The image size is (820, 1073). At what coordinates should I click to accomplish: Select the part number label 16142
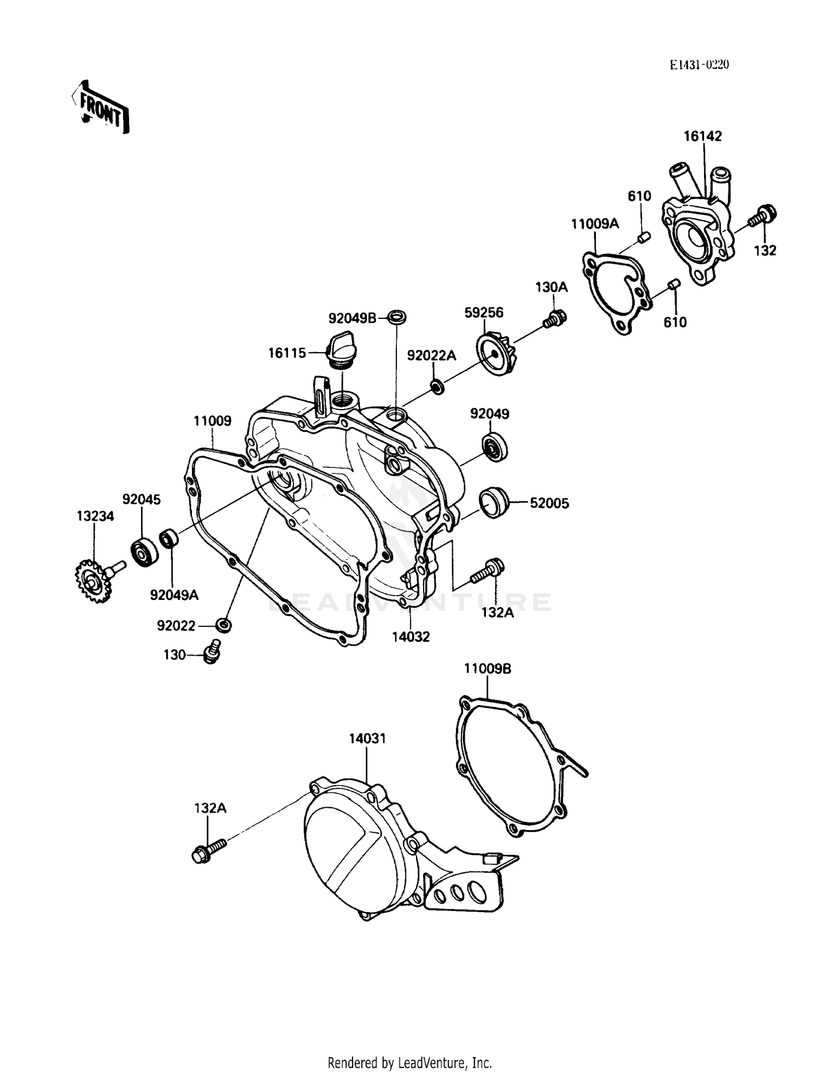pyautogui.click(x=702, y=136)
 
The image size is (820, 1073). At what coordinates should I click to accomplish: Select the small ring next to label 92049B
pyautogui.click(x=397, y=316)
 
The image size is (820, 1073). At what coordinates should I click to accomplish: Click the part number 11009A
pyautogui.click(x=595, y=224)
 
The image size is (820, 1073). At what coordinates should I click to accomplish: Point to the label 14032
pyautogui.click(x=411, y=637)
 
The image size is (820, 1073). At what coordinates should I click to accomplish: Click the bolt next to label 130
pyautogui.click(x=211, y=652)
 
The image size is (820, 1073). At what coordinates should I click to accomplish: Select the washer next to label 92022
pyautogui.click(x=222, y=625)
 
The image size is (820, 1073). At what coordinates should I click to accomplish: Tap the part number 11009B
pyautogui.click(x=488, y=668)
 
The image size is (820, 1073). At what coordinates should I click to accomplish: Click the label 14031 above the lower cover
pyautogui.click(x=367, y=738)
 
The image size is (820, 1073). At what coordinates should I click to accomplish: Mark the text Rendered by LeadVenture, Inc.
pyautogui.click(x=409, y=1063)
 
